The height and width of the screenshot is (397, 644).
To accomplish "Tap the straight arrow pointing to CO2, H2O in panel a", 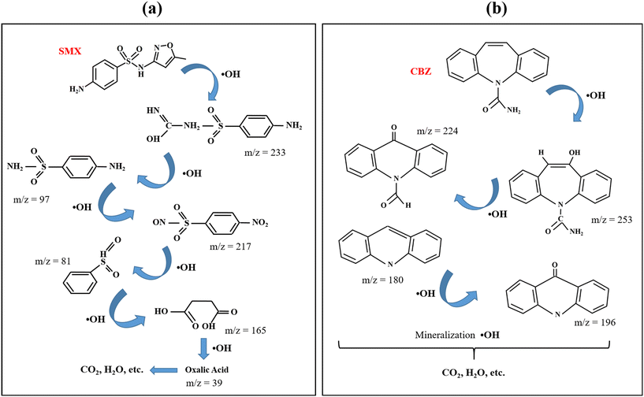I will coord(141,368).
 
